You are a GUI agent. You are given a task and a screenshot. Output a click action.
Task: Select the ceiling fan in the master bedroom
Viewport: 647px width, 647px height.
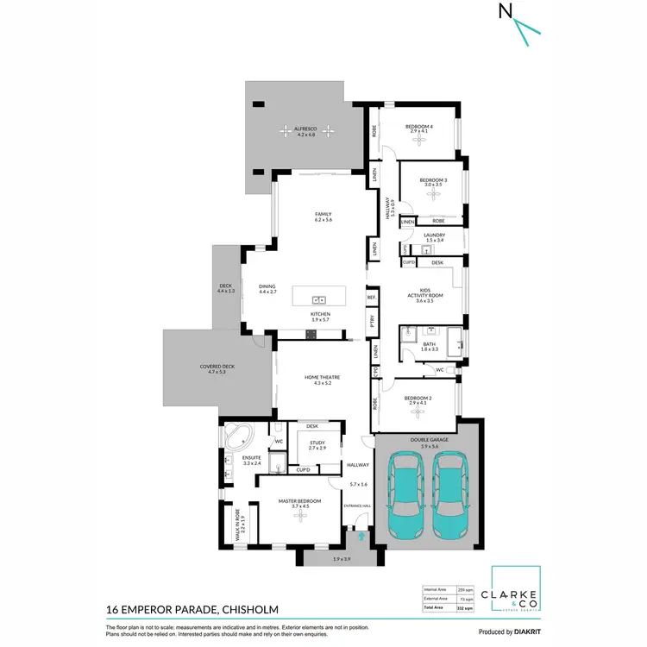301,515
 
